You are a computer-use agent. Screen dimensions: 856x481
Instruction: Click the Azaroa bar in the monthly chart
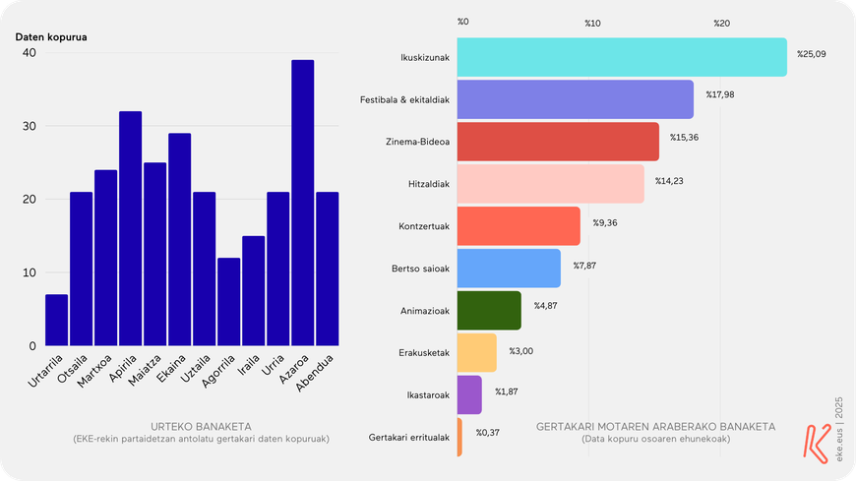click(302, 203)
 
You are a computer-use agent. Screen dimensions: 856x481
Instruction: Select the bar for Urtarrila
click(57, 320)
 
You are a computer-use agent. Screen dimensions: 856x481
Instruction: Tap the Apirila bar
click(131, 228)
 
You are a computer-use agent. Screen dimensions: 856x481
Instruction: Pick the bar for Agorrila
click(228, 302)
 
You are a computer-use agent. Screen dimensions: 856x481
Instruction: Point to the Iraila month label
click(249, 365)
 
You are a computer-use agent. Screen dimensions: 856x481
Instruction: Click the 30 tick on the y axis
click(29, 126)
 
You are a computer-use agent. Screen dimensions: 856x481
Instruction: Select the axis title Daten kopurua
click(51, 37)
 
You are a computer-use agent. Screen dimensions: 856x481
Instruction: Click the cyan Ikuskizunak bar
click(622, 57)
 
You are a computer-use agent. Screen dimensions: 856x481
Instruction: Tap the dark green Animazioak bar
click(489, 311)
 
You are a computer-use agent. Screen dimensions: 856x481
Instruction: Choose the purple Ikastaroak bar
click(469, 394)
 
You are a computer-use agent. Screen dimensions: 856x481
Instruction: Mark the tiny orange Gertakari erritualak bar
click(459, 437)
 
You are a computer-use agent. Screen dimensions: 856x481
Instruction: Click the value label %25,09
click(812, 54)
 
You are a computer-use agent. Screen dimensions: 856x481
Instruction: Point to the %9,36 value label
click(605, 222)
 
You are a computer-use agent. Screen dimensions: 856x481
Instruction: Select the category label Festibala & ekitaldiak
click(404, 100)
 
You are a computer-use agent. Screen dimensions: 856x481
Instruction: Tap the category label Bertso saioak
click(420, 269)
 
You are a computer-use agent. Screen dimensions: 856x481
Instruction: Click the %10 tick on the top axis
click(592, 24)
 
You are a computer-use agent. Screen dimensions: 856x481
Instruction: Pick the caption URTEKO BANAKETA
click(201, 426)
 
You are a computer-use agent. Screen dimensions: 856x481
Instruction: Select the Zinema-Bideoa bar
click(558, 142)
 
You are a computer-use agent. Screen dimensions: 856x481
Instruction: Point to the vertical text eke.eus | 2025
click(839, 429)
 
